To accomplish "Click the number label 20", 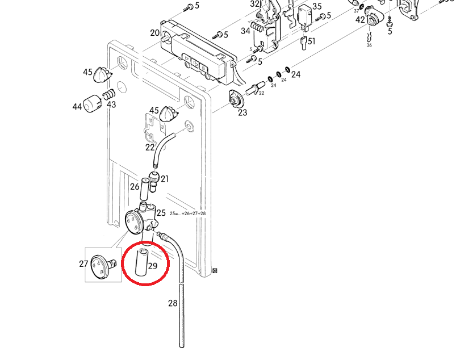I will tap(155, 33).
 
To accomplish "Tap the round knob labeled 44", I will tap(92, 105).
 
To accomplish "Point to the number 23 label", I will tap(242, 112).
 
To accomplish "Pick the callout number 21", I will tap(165, 179).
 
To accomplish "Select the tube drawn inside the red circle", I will tap(141, 262).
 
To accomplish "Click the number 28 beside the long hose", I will tap(173, 303).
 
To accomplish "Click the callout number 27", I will tap(83, 263).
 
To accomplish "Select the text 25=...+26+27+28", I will tap(187, 214).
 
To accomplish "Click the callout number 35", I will tap(317, 7).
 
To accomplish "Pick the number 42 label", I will tap(360, 20).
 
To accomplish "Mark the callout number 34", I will tap(245, 31).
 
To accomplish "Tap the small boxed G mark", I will tap(215, 270).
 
